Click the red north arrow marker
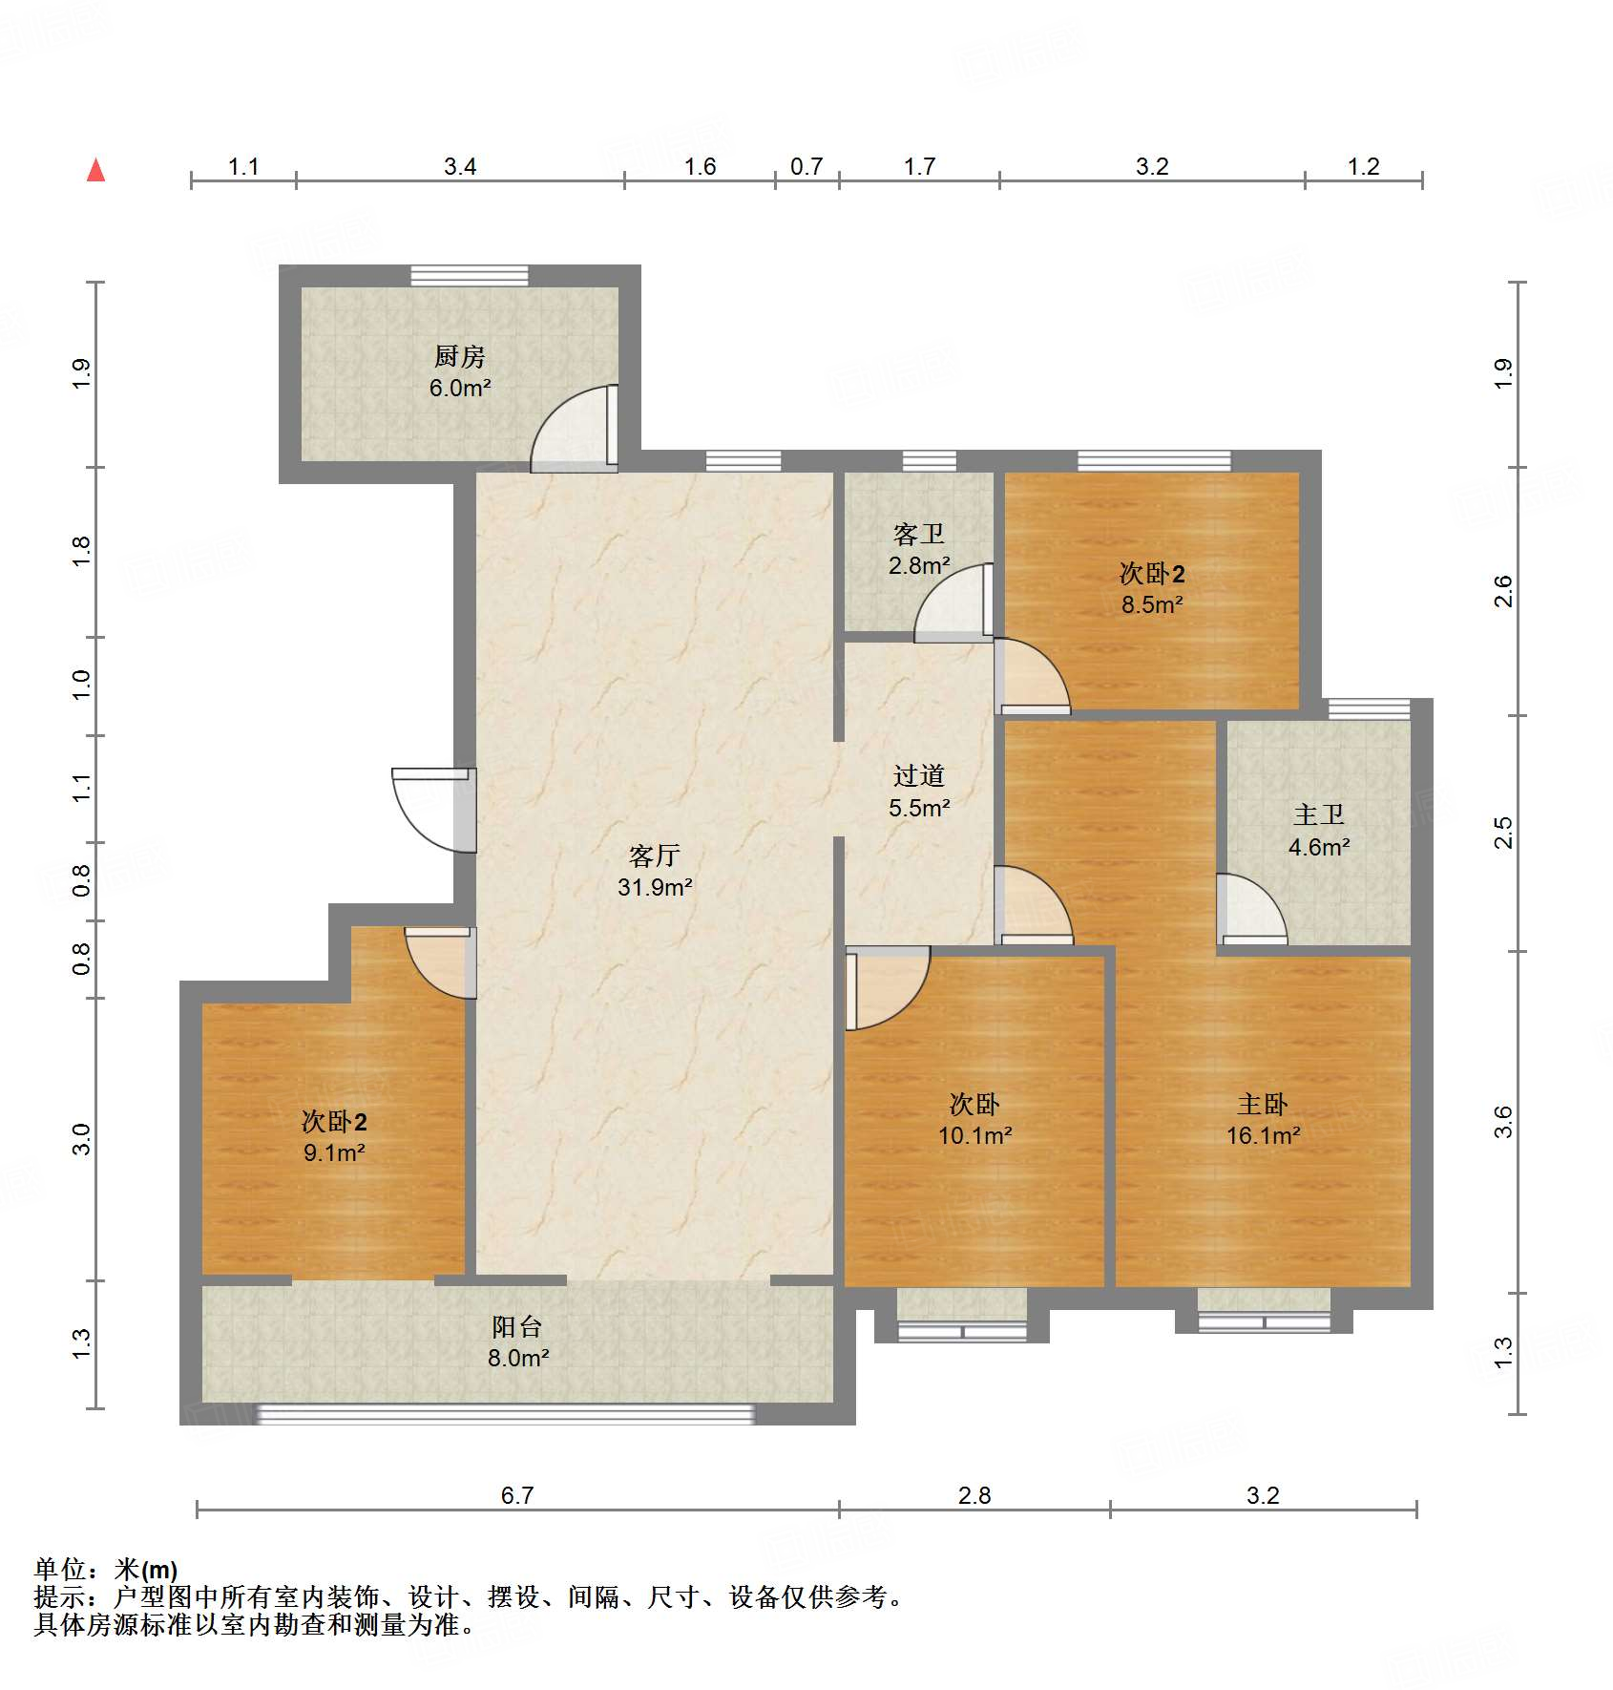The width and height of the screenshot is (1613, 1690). tap(95, 170)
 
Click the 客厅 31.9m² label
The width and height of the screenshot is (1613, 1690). tap(655, 870)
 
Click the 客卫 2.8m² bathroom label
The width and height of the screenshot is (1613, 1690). tap(918, 549)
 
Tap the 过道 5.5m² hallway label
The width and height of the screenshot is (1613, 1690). tap(918, 792)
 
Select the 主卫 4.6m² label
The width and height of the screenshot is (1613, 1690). tap(1318, 830)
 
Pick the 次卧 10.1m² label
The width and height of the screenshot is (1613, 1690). tap(974, 1119)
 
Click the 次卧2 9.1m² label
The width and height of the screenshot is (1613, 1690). tap(334, 1136)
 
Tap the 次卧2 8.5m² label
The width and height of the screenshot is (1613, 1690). tap(1152, 588)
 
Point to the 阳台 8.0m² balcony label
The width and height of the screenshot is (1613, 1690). tap(517, 1341)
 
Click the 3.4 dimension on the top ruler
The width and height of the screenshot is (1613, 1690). tap(460, 166)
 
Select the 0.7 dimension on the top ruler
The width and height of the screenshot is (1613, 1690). tap(806, 166)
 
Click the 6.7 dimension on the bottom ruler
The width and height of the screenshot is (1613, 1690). tap(517, 1495)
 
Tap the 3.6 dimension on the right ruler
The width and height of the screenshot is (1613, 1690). tap(1503, 1121)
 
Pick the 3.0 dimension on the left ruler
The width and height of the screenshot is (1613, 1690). tap(82, 1138)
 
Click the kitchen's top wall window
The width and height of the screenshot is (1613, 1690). tap(469, 275)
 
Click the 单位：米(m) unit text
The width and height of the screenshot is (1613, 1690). tap(106, 1569)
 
